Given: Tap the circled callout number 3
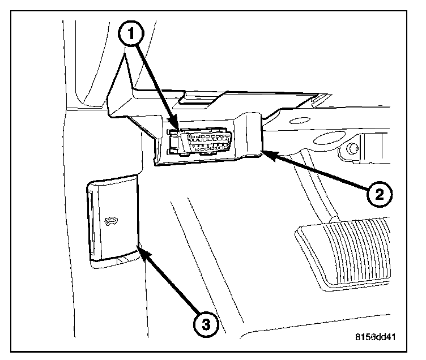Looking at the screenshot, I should [206, 324].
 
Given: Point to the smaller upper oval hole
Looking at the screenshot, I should [301, 120].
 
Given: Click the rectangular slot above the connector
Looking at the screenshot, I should [195, 104].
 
